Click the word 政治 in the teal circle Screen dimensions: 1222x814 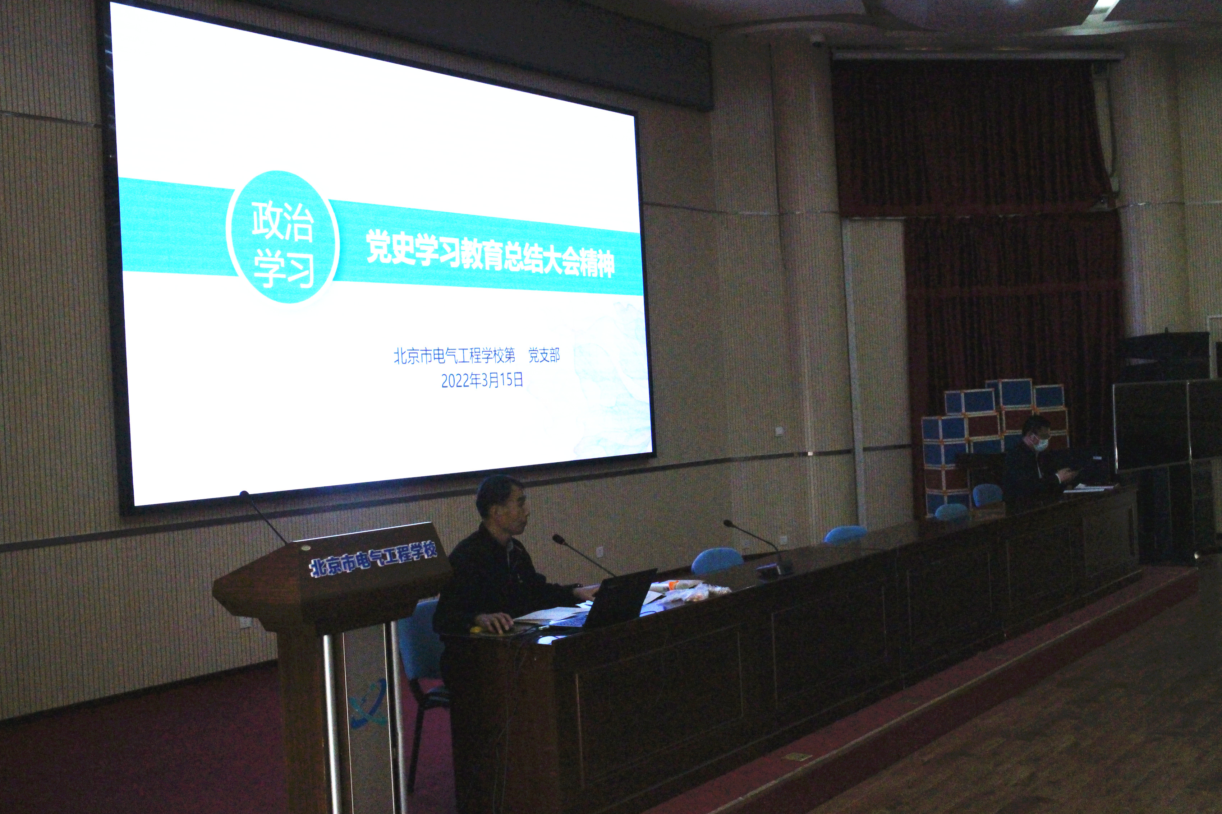[282, 221]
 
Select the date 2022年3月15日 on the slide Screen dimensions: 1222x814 [482, 380]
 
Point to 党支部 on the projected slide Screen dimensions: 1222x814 [544, 355]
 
